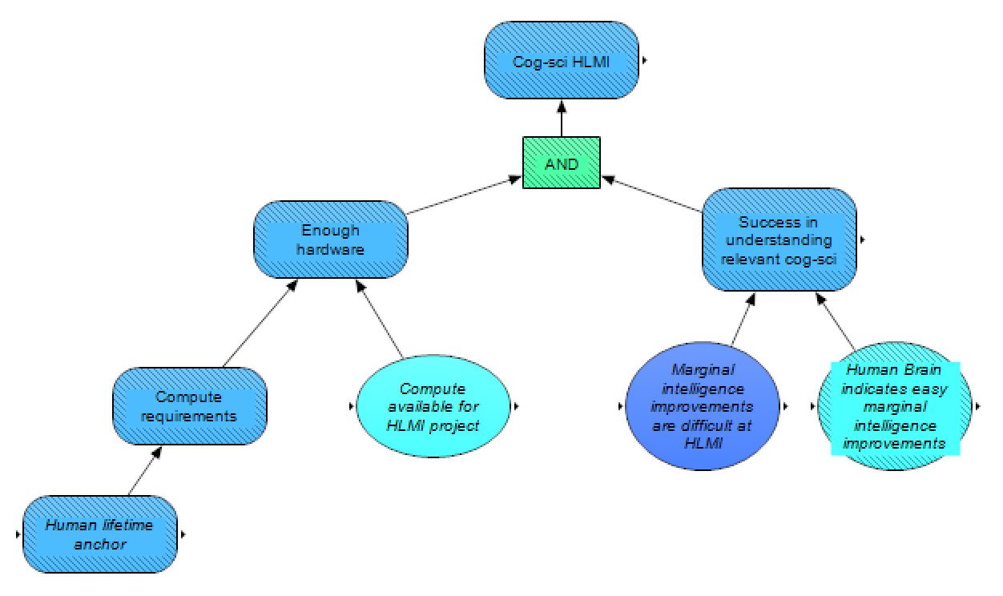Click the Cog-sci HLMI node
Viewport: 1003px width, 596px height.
click(x=562, y=61)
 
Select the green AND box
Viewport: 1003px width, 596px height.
click(x=562, y=163)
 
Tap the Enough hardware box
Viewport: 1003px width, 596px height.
click(x=331, y=240)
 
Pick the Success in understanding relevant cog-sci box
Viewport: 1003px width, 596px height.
click(x=779, y=239)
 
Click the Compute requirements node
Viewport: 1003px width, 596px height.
click(x=190, y=405)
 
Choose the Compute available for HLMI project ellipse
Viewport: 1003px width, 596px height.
click(x=433, y=406)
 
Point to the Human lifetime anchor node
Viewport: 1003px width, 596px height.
click(x=99, y=534)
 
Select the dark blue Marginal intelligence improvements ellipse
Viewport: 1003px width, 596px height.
click(x=701, y=406)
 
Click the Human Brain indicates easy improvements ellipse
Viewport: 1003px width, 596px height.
click(x=896, y=406)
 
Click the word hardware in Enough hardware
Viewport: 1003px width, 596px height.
click(x=331, y=249)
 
